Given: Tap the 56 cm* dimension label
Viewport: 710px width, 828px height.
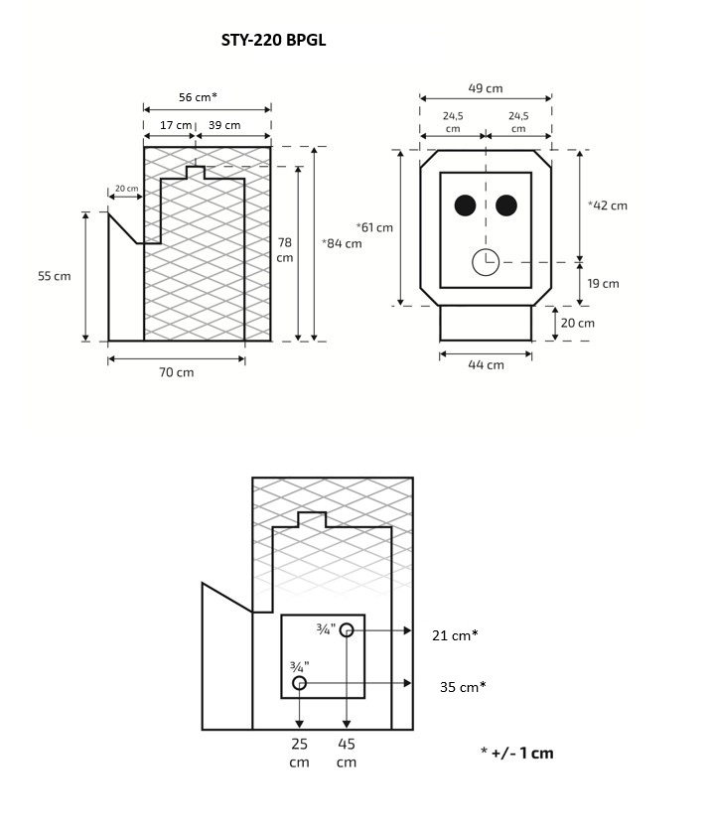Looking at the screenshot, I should tap(198, 96).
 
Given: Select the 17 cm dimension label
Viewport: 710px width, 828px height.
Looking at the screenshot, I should tap(176, 125).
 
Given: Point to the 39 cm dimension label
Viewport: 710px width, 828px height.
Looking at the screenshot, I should tap(224, 125).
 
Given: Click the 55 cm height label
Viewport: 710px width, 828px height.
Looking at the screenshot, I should tap(55, 276).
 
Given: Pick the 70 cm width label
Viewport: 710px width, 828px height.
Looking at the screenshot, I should tap(177, 372).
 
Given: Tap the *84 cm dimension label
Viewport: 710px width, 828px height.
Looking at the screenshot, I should tap(343, 243).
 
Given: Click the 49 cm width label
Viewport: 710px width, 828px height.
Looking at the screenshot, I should tap(485, 88).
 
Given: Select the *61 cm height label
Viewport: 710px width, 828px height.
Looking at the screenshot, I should tap(374, 227).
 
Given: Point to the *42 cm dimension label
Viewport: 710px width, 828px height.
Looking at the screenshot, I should tap(608, 206).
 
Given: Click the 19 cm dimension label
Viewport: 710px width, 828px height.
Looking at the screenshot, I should tap(603, 283).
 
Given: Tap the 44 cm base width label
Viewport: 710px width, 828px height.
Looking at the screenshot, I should tap(486, 364).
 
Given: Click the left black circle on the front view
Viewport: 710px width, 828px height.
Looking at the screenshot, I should tap(464, 206).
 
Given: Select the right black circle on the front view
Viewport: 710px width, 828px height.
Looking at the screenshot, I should tap(506, 206).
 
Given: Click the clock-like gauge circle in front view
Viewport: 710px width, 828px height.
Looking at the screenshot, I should tap(486, 262).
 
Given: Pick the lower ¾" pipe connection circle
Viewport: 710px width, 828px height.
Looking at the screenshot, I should tap(300, 683).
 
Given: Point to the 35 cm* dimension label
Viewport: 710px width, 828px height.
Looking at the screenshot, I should tap(463, 686).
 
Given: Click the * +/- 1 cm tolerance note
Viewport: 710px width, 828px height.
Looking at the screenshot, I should tap(516, 753).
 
